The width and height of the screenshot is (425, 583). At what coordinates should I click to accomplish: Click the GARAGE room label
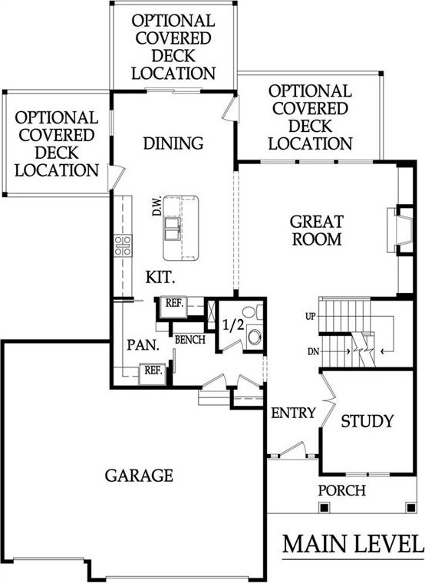coord(139,476)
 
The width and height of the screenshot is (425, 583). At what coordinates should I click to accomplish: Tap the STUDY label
coord(367,421)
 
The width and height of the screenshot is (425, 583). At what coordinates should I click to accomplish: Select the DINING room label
coord(173,143)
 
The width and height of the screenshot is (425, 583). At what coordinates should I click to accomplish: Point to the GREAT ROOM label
coord(316,231)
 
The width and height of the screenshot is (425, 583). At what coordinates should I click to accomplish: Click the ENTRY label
coord(293,413)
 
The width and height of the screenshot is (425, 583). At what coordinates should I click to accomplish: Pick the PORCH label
coord(341,490)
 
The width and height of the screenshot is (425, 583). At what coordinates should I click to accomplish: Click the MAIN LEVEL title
coord(353,544)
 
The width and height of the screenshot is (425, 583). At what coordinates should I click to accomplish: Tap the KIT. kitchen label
coord(160,278)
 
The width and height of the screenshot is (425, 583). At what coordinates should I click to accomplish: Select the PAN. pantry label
coord(143,345)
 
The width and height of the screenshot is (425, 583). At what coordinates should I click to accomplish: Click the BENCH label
coord(189,340)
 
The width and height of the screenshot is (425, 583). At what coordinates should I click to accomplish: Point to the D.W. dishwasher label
coord(157,206)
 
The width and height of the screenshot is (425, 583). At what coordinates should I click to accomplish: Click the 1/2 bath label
coord(233,325)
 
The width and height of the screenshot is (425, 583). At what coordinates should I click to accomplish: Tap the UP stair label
coord(310,316)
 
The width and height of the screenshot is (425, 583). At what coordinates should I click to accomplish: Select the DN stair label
coord(314,351)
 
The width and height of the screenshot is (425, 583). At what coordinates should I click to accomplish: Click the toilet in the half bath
coord(252,311)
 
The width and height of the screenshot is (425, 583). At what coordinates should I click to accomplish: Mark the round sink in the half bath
coord(255,337)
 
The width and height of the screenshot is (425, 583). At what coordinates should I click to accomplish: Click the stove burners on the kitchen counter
coord(123,245)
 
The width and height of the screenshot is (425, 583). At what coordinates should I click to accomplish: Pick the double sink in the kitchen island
coord(173,229)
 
